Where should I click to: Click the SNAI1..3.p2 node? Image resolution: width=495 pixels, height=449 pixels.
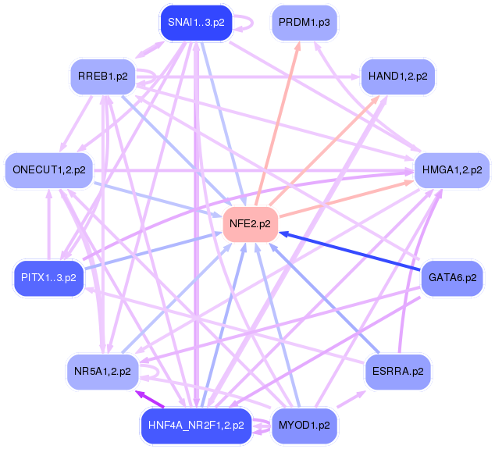pos(196,23)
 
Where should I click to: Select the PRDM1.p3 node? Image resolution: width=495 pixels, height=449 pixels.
pos(304,23)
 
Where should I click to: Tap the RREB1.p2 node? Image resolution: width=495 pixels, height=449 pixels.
pos(103,77)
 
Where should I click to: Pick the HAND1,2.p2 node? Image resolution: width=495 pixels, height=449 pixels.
pos(397,77)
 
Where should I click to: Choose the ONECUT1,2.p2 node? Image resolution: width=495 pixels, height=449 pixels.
pos(49,170)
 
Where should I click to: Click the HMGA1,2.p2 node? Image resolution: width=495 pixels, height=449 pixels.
pos(452,170)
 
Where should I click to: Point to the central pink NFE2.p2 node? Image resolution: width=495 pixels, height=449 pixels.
pos(250,224)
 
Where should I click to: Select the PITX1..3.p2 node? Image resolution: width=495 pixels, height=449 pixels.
pos(48,278)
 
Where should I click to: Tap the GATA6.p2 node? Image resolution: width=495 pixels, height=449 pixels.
pos(452,278)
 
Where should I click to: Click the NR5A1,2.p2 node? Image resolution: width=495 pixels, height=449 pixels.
pos(102,372)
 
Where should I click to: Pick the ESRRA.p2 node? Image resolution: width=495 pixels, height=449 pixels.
pos(397,372)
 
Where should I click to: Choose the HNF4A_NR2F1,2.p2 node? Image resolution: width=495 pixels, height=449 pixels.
pos(196,426)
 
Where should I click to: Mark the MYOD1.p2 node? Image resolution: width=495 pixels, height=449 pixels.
pos(304,426)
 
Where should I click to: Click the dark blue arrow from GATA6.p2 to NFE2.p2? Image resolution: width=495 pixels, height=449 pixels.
pos(350,251)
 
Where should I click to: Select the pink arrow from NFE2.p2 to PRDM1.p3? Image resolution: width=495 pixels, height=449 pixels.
pos(277,124)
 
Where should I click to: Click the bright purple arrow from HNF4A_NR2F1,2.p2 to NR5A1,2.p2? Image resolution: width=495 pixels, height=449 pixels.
pos(150,399)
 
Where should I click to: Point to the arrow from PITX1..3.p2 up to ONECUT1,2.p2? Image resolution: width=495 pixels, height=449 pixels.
pos(49,224)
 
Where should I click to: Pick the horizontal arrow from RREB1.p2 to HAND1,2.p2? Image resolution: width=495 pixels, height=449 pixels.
pos(247,77)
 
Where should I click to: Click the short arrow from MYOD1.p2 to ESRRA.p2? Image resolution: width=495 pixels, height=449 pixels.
pos(351,400)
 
